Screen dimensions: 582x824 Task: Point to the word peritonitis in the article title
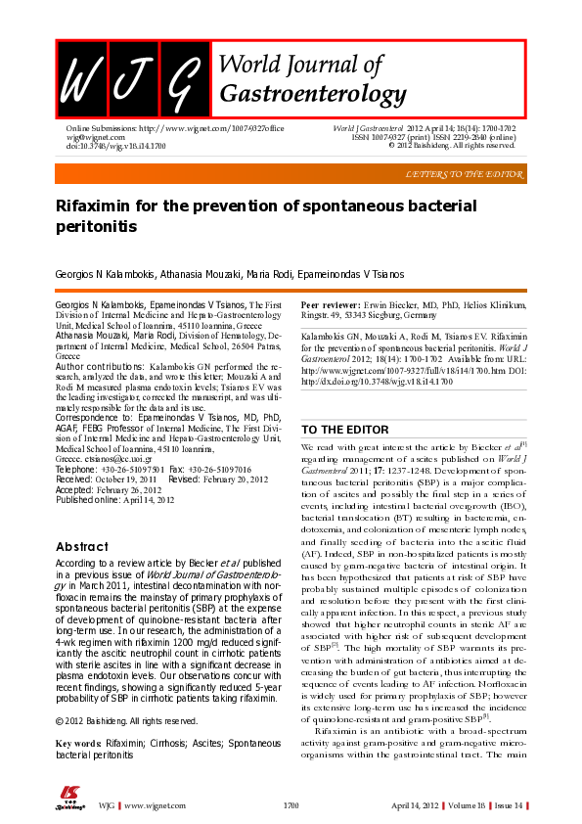point(96,226)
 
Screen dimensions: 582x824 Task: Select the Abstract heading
point(82,546)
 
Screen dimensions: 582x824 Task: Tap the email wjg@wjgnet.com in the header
point(90,137)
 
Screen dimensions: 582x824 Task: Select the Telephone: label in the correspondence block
point(80,470)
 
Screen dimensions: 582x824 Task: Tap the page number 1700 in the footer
point(291,805)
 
